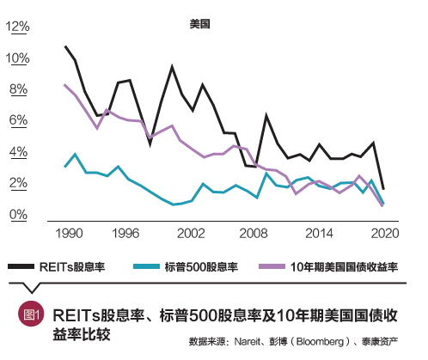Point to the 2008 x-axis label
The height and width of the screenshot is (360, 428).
(253, 233)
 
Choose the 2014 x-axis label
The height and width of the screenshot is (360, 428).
(317, 233)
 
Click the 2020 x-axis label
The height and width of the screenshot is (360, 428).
(381, 233)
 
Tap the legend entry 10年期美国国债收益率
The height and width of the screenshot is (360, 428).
(344, 267)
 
